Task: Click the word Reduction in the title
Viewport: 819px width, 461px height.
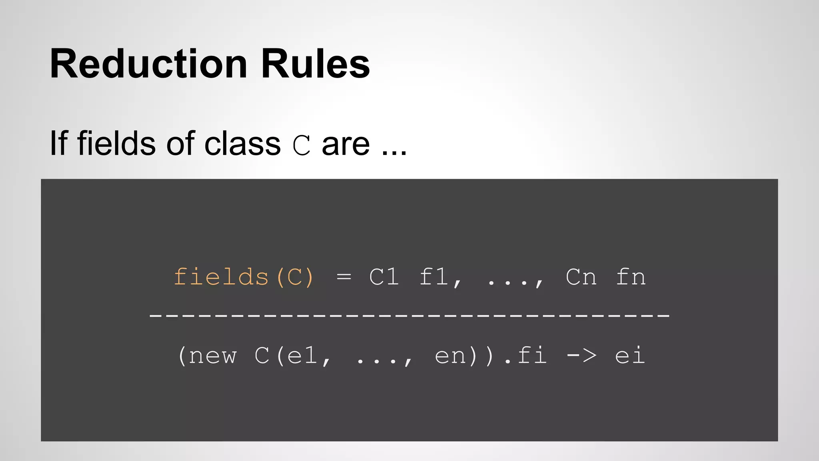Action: click(x=148, y=64)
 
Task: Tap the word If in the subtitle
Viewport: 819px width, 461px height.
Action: click(x=58, y=143)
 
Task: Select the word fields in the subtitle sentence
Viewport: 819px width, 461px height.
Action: click(x=116, y=143)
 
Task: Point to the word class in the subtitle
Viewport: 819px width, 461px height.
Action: click(x=242, y=143)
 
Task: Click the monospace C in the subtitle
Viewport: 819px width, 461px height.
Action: click(x=302, y=145)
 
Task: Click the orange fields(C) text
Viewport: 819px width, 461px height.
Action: click(x=244, y=277)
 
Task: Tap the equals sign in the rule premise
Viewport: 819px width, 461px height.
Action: click(x=344, y=277)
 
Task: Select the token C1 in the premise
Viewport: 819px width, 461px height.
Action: click(x=384, y=277)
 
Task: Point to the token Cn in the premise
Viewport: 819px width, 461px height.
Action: click(x=581, y=277)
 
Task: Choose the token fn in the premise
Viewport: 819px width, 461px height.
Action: click(x=631, y=277)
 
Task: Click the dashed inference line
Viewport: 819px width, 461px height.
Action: click(x=409, y=315)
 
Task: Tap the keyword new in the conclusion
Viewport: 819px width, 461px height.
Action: click(x=212, y=355)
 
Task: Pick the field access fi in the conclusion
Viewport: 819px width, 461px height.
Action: click(x=532, y=355)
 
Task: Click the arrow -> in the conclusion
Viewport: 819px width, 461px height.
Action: click(x=581, y=355)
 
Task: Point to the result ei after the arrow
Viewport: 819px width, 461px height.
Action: click(x=630, y=355)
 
